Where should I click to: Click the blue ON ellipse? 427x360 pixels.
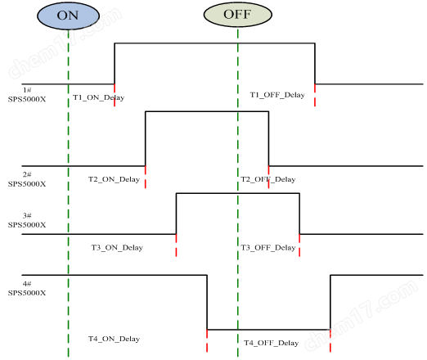pyautogui.click(x=68, y=16)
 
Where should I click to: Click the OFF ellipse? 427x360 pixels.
pyautogui.click(x=238, y=15)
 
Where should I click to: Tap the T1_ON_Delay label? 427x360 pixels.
pyautogui.click(x=98, y=97)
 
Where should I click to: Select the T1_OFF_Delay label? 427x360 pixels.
pyautogui.click(x=277, y=95)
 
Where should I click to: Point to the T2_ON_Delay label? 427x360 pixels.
pyautogui.click(x=114, y=179)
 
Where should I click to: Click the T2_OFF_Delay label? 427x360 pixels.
pyautogui.click(x=268, y=179)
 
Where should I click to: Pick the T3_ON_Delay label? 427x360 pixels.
pyautogui.click(x=117, y=248)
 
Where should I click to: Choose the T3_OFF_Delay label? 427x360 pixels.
pyautogui.click(x=268, y=248)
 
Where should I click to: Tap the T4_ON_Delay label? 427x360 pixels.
pyautogui.click(x=114, y=339)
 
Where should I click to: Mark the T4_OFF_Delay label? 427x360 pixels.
pyautogui.click(x=272, y=343)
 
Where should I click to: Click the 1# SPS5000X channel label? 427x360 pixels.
pyautogui.click(x=27, y=95)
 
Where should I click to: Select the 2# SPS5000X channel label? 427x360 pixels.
pyautogui.click(x=27, y=179)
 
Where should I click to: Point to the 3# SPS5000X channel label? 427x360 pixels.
pyautogui.click(x=27, y=220)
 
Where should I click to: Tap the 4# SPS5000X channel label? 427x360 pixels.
pyautogui.click(x=27, y=288)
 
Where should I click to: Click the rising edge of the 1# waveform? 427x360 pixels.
pyautogui.click(x=115, y=64)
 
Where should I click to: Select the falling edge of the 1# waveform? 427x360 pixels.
pyautogui.click(x=315, y=64)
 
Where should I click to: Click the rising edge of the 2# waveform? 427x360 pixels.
pyautogui.click(x=146, y=138)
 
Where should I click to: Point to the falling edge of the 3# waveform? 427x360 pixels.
pyautogui.click(x=299, y=214)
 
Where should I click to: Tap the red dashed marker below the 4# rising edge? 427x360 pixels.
pyautogui.click(x=330, y=341)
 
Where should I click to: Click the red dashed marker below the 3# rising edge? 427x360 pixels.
pyautogui.click(x=176, y=245)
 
